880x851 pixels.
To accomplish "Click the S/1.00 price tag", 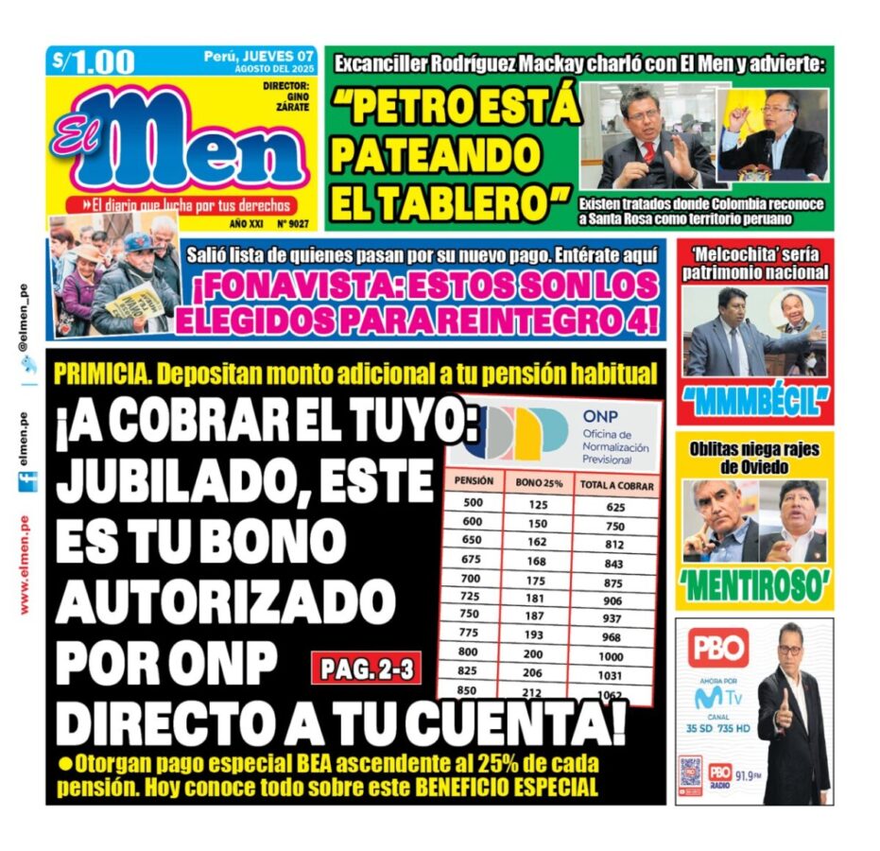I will [94, 62].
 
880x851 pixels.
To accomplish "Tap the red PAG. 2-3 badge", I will [365, 669].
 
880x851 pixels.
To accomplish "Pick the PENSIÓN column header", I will [474, 481].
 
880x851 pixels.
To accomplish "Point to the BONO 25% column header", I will [539, 483].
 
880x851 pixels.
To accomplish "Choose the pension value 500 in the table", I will [473, 503].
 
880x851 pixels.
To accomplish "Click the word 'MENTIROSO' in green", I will [753, 585].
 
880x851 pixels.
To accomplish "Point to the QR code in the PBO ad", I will [690, 772].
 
